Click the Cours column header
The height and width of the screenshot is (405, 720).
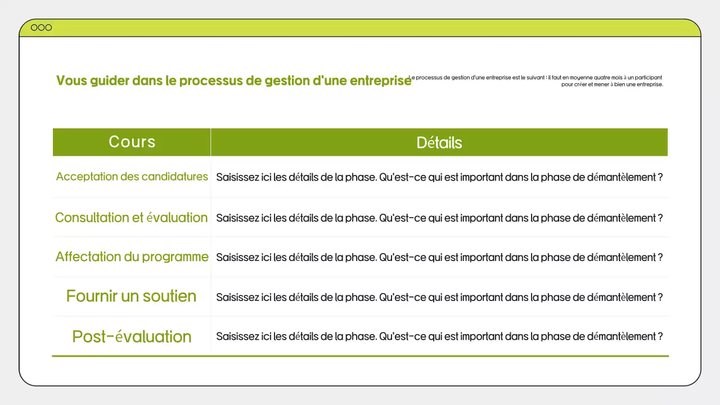coord(132,142)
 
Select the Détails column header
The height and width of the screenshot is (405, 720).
coord(439,142)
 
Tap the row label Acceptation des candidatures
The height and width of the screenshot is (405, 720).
coord(132,177)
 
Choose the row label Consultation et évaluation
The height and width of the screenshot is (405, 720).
coord(131,218)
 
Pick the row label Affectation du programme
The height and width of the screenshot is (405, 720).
coord(132,257)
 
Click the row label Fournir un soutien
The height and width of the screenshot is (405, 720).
coord(131,296)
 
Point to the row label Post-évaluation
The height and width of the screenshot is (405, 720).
coord(132,336)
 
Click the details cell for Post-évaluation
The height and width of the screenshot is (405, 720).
coord(439,336)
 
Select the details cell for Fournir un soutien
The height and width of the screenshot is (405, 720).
coord(439,297)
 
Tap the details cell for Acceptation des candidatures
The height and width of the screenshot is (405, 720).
coord(439,177)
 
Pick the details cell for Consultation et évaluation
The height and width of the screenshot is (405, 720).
coord(439,218)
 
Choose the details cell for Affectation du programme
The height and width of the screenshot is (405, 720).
coord(439,257)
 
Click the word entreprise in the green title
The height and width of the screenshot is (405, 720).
coord(380,80)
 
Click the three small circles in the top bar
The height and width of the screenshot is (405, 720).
coord(41,28)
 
